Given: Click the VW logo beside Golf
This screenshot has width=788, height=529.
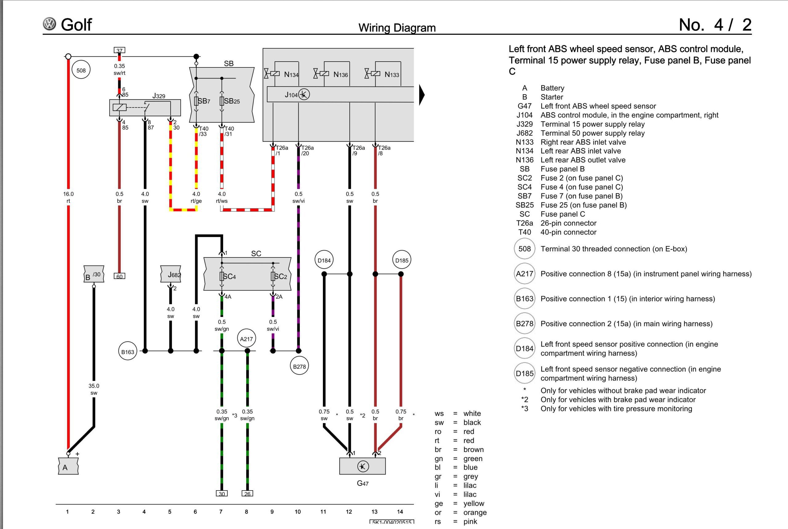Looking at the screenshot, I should pyautogui.click(x=50, y=24).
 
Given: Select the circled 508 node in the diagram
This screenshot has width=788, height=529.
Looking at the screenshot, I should pyautogui.click(x=81, y=71).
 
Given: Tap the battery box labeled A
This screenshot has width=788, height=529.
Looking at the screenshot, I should pyautogui.click(x=68, y=467).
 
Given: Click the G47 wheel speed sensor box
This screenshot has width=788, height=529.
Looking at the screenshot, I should pyautogui.click(x=363, y=466).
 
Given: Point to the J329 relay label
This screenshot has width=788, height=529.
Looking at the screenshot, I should pyautogui.click(x=159, y=96).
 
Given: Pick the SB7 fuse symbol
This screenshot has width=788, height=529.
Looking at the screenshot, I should pyautogui.click(x=196, y=101).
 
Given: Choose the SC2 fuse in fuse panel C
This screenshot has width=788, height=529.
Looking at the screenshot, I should pyautogui.click(x=273, y=277).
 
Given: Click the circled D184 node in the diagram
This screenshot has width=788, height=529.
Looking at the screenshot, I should pyautogui.click(x=324, y=260).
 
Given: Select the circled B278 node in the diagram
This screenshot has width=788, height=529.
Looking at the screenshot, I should pyautogui.click(x=299, y=366).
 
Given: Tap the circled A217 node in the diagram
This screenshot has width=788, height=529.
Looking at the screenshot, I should pyautogui.click(x=247, y=339).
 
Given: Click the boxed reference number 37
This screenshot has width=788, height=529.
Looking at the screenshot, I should pyautogui.click(x=119, y=50).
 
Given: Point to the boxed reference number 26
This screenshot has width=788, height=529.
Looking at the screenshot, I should pyautogui.click(x=247, y=494).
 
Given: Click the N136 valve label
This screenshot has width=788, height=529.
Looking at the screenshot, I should pyautogui.click(x=340, y=75).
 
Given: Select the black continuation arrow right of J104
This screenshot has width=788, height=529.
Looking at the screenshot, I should pyautogui.click(x=422, y=95).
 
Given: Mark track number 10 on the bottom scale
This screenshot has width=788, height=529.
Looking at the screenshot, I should pyautogui.click(x=298, y=512).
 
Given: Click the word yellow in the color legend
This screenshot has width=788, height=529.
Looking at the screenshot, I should pyautogui.click(x=474, y=503).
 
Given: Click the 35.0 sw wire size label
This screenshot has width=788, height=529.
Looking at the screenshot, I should pyautogui.click(x=94, y=389).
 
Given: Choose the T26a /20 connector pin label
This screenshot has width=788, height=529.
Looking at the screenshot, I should pyautogui.click(x=307, y=151).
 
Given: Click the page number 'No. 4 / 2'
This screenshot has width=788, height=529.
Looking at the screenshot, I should pyautogui.click(x=715, y=25).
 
